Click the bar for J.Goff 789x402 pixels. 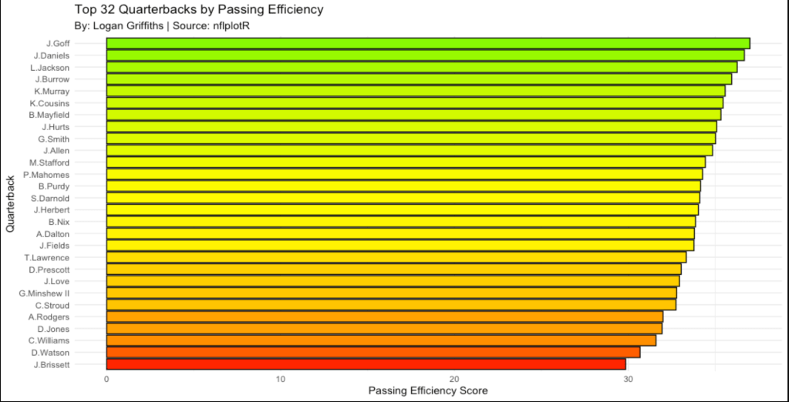[428, 43]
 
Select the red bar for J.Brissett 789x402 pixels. [366, 364]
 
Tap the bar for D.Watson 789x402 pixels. [373, 352]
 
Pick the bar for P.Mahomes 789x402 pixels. [404, 174]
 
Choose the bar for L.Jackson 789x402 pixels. [422, 67]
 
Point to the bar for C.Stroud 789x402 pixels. [391, 305]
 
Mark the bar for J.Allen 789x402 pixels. [410, 150]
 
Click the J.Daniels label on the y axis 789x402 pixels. [52, 55]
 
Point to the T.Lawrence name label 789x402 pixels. [47, 257]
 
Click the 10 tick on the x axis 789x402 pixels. [281, 379]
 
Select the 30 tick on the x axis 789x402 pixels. [629, 379]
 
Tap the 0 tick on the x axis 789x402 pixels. [106, 379]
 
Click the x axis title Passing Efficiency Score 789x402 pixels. [428, 391]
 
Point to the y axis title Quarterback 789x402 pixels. [10, 204]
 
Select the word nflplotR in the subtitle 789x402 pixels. [232, 26]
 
